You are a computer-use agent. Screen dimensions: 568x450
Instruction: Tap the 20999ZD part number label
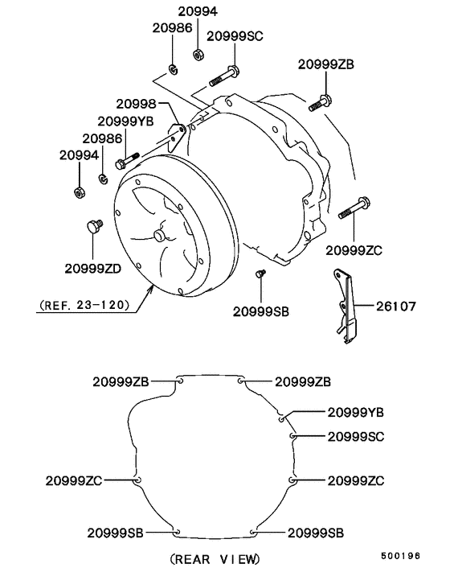pyautogui.click(x=93, y=268)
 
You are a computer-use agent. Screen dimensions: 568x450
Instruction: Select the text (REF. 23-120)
pyautogui.click(x=83, y=306)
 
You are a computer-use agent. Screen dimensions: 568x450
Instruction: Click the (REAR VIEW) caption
pyautogui.click(x=215, y=558)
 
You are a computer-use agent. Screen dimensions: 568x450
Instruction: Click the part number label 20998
pyautogui.click(x=137, y=105)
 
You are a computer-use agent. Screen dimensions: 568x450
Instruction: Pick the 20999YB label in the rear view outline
pyautogui.click(x=355, y=412)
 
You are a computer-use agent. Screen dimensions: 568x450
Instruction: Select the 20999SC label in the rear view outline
pyautogui.click(x=355, y=436)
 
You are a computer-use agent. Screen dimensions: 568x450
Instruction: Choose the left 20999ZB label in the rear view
pyautogui.click(x=121, y=381)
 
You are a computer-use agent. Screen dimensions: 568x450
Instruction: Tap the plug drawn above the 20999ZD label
pyautogui.click(x=95, y=226)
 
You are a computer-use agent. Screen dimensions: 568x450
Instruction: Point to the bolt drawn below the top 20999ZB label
pyautogui.click(x=320, y=102)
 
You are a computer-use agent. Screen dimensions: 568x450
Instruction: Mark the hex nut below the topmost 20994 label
pyautogui.click(x=198, y=55)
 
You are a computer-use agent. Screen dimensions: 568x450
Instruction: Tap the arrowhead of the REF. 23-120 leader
pyautogui.click(x=150, y=290)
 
